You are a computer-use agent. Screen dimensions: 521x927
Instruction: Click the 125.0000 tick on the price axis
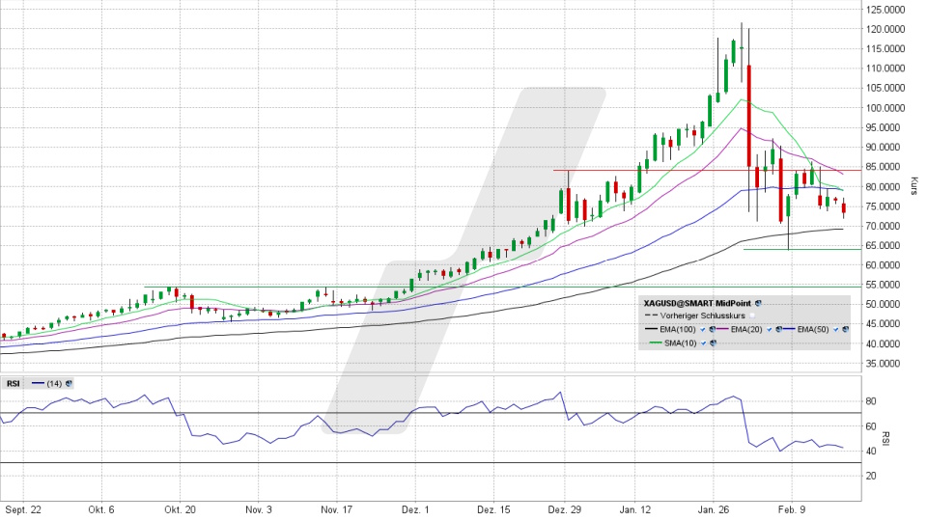pos(886,9)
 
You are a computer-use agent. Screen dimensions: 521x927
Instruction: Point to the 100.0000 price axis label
pos(886,107)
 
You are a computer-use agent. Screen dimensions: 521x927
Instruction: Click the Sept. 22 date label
pos(22,508)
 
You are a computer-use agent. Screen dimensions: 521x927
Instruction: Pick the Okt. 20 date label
pos(180,508)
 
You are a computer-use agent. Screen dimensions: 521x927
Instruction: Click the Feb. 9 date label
pos(791,508)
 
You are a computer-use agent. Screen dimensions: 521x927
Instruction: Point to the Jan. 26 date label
pos(715,508)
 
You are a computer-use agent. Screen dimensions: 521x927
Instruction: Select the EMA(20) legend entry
pos(748,329)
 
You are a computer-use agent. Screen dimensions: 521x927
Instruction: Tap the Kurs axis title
pos(913,186)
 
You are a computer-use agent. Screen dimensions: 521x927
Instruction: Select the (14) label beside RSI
pos(58,383)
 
